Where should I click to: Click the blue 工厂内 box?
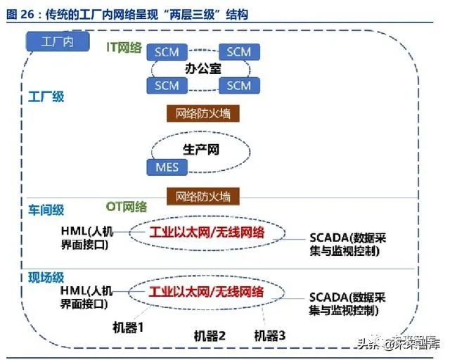pos(58,42)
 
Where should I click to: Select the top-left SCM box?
pos(167,52)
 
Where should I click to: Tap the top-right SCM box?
pos(239,52)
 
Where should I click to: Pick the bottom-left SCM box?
pos(167,86)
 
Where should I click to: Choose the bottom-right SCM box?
pos(239,86)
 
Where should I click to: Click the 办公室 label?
pos(203,69)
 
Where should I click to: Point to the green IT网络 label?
pos(124,47)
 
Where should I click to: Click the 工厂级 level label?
pos(46,97)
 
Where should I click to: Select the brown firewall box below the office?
pos(203,114)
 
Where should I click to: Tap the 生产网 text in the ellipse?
pos(201,150)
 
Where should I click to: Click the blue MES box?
pos(167,167)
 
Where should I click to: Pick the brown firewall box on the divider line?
pos(203,197)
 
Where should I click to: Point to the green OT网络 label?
pos(127,207)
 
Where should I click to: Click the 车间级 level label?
pos(46,210)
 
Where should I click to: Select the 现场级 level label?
pos(46,278)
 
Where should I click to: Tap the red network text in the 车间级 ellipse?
pos(207,233)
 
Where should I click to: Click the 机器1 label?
pos(128,327)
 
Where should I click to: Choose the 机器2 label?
pos(210,336)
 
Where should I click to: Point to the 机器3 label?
pos(270,335)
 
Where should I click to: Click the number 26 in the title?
pos(27,15)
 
